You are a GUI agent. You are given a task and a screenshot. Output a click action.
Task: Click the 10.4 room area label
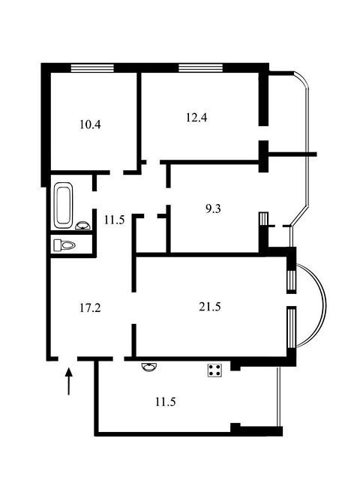point(90,124)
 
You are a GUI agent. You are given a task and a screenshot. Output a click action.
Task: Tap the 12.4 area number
point(196,117)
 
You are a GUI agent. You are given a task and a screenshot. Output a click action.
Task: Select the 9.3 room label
point(213,209)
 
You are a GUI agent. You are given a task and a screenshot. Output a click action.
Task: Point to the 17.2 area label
point(90,307)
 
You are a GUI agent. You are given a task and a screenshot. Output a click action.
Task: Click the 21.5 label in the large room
point(210,307)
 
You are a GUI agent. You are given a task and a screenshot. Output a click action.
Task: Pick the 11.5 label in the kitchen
point(165,402)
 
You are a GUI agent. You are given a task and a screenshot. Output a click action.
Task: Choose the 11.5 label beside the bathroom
point(114,220)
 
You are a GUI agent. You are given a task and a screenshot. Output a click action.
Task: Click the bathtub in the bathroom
point(64,205)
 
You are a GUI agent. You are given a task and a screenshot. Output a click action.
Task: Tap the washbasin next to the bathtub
point(82,226)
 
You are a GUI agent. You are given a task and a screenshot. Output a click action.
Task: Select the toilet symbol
point(64,245)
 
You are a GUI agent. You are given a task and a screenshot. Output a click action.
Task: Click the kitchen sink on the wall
point(149,367)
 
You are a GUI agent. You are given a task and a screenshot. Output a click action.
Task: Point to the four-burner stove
point(215,370)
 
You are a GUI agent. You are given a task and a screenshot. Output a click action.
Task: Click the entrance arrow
point(69,381)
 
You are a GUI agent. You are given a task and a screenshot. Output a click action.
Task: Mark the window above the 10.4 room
point(92,67)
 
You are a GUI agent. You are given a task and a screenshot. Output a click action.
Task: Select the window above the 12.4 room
point(200,67)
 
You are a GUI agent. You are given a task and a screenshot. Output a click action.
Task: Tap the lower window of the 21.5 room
point(292,328)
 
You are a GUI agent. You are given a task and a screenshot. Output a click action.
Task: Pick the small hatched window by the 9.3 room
point(263,218)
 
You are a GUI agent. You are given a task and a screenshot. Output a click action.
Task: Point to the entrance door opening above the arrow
point(67,358)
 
